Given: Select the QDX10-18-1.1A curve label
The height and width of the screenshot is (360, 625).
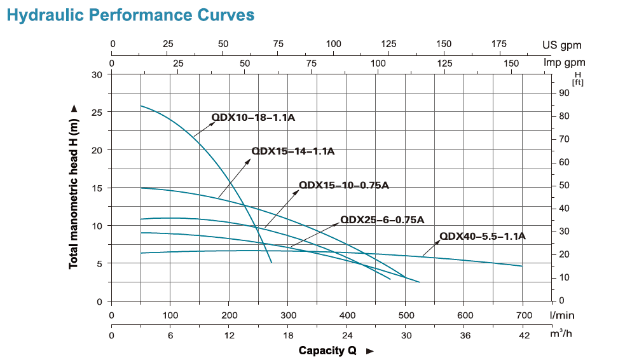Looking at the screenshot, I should [x=254, y=117].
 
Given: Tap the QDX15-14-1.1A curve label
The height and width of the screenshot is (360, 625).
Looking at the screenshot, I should [x=293, y=151].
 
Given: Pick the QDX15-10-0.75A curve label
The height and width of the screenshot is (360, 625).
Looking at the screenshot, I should [x=343, y=185].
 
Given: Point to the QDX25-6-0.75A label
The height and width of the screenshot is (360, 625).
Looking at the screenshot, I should [x=382, y=219].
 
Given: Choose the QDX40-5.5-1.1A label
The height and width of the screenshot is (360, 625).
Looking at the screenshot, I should [x=483, y=236].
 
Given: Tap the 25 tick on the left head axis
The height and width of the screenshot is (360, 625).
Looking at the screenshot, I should [x=97, y=112].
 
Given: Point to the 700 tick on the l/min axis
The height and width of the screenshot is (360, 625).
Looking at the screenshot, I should [x=524, y=315].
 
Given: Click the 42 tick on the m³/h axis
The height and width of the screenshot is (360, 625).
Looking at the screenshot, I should [x=524, y=335].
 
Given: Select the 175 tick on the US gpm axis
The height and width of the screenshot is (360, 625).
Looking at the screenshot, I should [x=499, y=44].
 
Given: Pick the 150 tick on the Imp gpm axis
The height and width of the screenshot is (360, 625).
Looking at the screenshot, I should [x=511, y=63].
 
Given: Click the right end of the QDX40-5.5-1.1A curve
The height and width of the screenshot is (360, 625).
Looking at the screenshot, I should [x=522, y=266].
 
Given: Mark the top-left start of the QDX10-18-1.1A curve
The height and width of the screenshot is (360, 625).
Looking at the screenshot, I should [x=141, y=106].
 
